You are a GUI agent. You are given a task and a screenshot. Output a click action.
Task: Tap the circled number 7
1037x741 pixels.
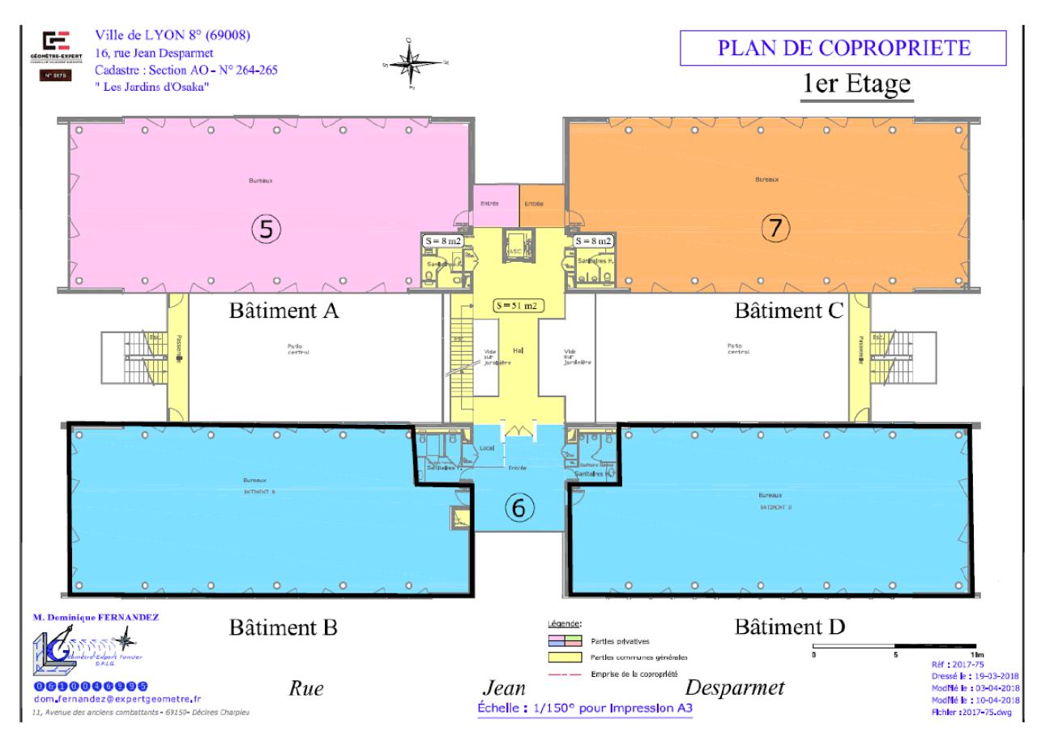(x=774, y=229)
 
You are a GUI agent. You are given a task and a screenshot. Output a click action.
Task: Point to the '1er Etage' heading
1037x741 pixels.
(x=856, y=85)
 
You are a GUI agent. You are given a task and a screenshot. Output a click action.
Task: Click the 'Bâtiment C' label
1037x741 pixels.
(x=789, y=311)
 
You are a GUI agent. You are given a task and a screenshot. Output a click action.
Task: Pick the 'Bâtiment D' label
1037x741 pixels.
(x=789, y=627)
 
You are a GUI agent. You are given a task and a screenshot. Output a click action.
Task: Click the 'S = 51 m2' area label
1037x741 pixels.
(x=518, y=306)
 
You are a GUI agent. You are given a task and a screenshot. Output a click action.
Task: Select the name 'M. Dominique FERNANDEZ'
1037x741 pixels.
(x=96, y=617)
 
